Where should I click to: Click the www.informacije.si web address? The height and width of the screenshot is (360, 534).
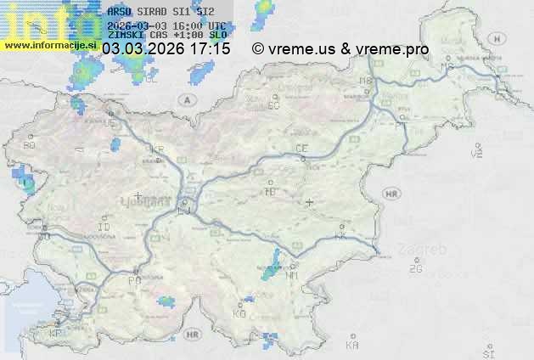48,44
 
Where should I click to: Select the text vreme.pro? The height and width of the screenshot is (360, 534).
396,49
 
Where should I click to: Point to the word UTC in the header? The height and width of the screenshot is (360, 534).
216,25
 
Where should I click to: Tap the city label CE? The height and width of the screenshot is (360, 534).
301,149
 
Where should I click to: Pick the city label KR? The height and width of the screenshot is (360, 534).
157,149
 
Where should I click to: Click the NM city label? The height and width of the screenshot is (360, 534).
293,275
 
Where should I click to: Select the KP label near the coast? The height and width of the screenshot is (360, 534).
56,334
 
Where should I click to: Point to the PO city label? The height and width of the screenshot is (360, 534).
134,280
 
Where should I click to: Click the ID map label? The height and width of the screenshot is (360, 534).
104,228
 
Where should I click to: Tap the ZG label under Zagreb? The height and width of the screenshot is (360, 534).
415,269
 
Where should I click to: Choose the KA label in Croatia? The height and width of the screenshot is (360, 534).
352,346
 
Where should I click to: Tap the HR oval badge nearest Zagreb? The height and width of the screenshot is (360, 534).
391,194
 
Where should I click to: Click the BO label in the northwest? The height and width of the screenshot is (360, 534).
30,145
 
